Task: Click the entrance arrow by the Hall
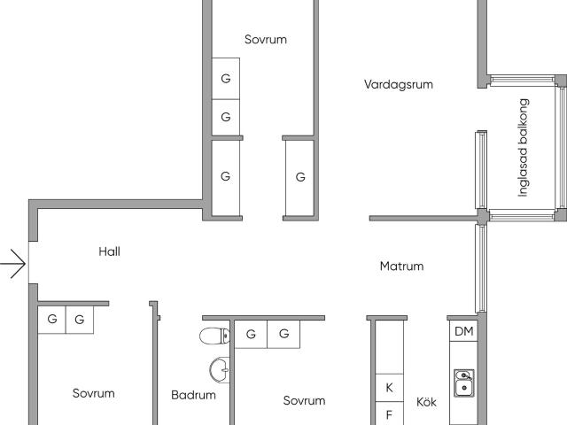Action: coord(13,264)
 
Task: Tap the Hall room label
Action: coord(109,251)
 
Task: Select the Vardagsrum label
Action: coord(398,85)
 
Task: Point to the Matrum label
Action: coord(401,267)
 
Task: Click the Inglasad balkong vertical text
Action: coord(524,148)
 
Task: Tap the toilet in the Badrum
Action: coord(214,336)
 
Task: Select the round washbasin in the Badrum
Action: coord(220,369)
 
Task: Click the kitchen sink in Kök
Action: coord(464,383)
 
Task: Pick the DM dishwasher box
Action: coord(463,331)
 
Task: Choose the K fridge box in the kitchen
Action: coord(390,388)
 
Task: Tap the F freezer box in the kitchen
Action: coord(390,413)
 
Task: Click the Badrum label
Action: coord(193,395)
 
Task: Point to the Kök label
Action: coord(426,402)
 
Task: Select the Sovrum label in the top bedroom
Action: coord(266,39)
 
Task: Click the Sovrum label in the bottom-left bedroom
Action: coord(94,393)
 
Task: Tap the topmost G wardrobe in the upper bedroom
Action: coord(226,79)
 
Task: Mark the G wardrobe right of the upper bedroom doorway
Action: coord(299,177)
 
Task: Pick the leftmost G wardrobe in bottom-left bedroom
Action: coord(51,320)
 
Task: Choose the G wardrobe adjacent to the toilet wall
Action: coord(251,335)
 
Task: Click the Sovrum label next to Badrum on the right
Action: coord(304,400)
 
